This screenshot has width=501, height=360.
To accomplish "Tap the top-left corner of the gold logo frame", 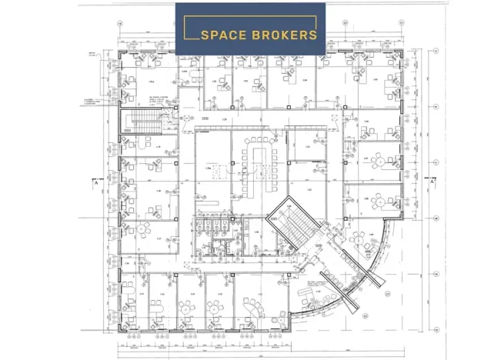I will (x=183, y=16).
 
